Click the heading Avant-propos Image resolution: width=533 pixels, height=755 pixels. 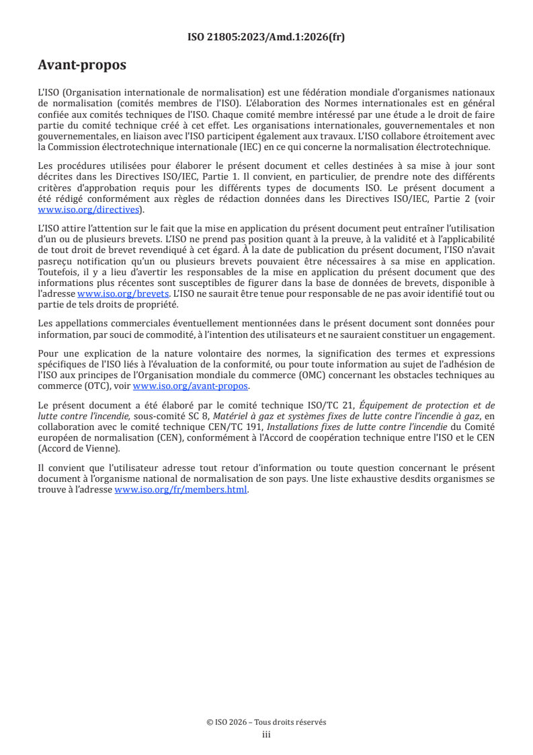click(82, 66)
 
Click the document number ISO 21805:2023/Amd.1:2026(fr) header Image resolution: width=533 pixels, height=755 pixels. click(266, 38)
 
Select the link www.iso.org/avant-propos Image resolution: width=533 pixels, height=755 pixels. click(191, 386)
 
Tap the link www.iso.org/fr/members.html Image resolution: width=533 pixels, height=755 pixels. click(181, 490)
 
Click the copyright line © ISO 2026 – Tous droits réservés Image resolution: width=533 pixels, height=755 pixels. click(266, 722)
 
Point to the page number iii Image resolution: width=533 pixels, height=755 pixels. click(266, 734)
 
